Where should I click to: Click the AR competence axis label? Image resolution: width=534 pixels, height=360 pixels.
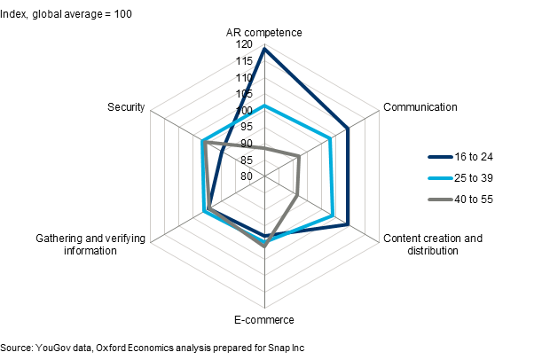click(x=264, y=33)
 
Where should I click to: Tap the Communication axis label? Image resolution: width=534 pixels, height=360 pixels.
click(x=420, y=107)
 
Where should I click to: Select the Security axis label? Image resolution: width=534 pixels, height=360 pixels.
click(x=126, y=107)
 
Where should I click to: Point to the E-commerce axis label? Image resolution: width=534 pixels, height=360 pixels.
click(x=264, y=320)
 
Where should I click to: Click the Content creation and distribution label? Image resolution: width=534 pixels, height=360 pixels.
click(x=433, y=244)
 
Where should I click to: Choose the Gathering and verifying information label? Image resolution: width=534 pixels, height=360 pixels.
click(x=90, y=244)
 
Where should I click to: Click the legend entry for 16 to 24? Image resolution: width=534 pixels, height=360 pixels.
click(x=460, y=157)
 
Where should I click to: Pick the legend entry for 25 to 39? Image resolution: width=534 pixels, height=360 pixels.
click(x=460, y=178)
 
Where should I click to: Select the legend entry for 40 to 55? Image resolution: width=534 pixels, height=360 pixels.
click(x=460, y=200)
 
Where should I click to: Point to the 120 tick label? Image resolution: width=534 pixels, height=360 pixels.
click(x=244, y=44)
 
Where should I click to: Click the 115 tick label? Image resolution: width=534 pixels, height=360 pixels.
click(x=244, y=61)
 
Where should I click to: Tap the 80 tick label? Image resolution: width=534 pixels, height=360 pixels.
click(x=247, y=176)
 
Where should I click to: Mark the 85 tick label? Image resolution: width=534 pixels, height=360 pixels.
click(x=247, y=160)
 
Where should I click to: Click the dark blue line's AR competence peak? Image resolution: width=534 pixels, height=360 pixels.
click(x=264, y=49)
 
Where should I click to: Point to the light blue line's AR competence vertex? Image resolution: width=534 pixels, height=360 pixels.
click(x=264, y=106)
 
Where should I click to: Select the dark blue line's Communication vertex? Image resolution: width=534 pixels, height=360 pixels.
click(x=348, y=129)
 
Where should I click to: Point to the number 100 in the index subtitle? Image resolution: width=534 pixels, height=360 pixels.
click(x=123, y=14)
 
